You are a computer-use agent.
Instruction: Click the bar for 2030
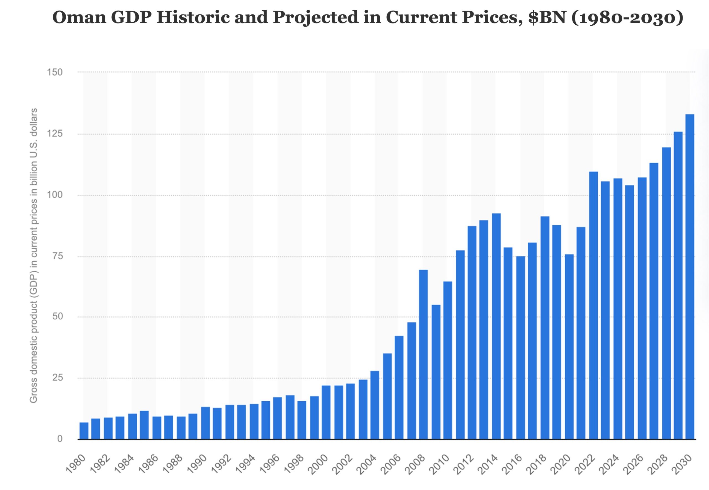point(690,276)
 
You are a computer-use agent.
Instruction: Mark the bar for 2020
point(569,347)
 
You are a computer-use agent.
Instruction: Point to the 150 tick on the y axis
point(55,73)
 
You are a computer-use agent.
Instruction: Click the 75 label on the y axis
point(57,256)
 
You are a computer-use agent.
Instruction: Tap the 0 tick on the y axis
point(60,439)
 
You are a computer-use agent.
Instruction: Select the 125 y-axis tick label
point(55,134)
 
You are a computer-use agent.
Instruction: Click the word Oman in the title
point(79,17)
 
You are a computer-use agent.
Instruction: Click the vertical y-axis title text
point(34,256)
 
